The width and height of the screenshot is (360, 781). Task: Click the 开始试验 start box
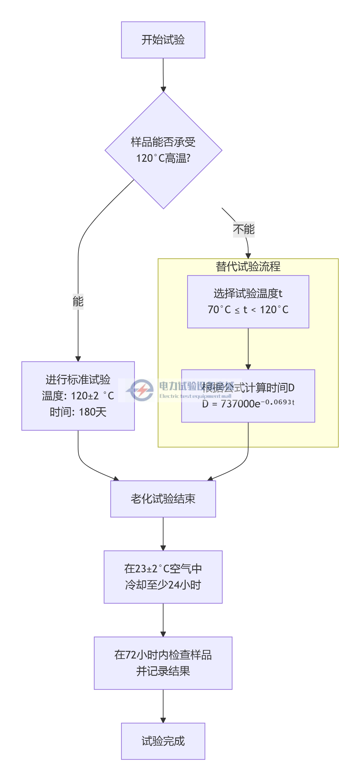[163, 40]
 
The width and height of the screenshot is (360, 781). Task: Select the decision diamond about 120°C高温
[163, 150]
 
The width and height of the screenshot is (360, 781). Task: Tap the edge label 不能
[244, 229]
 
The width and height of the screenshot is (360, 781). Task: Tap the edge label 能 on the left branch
[78, 301]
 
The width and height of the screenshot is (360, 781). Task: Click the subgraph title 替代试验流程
[248, 267]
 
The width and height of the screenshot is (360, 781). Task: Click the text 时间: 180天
[78, 412]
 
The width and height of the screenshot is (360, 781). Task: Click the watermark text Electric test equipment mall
[195, 396]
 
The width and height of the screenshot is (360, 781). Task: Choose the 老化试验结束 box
[163, 499]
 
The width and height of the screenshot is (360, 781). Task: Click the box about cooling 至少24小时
[163, 577]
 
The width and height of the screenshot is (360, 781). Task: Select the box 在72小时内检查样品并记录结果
[163, 663]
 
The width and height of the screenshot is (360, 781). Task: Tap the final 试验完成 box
[163, 741]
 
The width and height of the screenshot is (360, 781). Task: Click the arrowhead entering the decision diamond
[163, 89]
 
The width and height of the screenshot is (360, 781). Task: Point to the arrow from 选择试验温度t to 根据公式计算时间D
[248, 349]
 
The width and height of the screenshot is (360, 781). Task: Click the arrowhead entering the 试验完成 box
[163, 720]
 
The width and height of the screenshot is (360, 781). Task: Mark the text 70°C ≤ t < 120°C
[248, 310]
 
